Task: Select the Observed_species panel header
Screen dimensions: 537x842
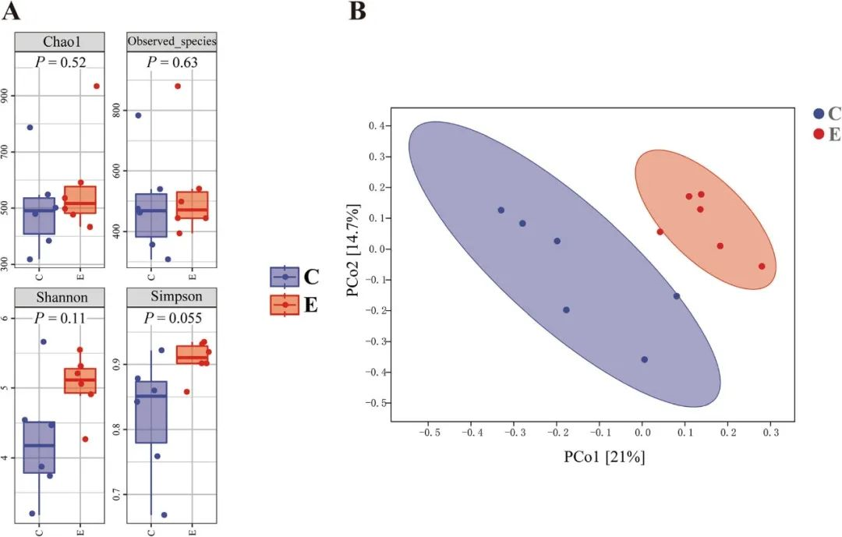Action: click(x=172, y=41)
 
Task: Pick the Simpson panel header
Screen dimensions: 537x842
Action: click(x=172, y=298)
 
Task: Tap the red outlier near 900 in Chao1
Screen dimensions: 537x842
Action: click(x=97, y=86)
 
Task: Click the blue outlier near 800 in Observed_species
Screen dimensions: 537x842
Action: click(x=139, y=115)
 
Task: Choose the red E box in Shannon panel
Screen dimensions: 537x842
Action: click(x=80, y=380)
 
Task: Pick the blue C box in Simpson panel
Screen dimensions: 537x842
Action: click(x=151, y=412)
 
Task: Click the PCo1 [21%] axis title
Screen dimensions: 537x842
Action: click(x=604, y=457)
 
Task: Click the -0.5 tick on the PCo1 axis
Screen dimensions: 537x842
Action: click(x=427, y=431)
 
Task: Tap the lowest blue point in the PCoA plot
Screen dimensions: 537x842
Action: click(x=644, y=359)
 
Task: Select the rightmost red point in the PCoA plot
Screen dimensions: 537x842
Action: click(x=762, y=267)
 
